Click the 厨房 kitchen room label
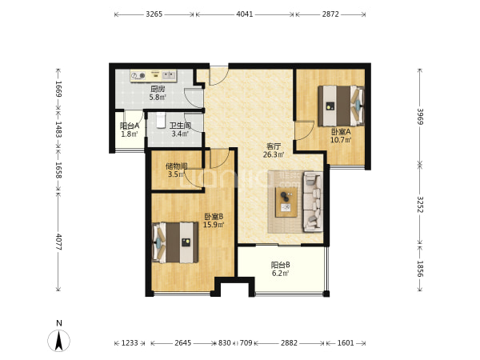(158, 89)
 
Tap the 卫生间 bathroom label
(180, 126)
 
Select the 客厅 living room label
(274, 146)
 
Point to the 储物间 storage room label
(177, 166)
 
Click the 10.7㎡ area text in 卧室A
(341, 140)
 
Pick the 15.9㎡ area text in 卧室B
(214, 225)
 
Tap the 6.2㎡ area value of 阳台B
(281, 273)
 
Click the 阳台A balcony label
(130, 126)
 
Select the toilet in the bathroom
(161, 120)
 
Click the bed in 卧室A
(342, 106)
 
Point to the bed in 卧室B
(175, 242)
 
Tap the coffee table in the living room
(286, 202)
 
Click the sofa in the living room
(313, 202)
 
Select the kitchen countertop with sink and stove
(154, 76)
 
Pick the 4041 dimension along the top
(245, 14)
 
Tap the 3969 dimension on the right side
(420, 116)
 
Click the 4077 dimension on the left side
(58, 242)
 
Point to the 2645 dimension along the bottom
(182, 343)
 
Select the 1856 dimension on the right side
(420, 269)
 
